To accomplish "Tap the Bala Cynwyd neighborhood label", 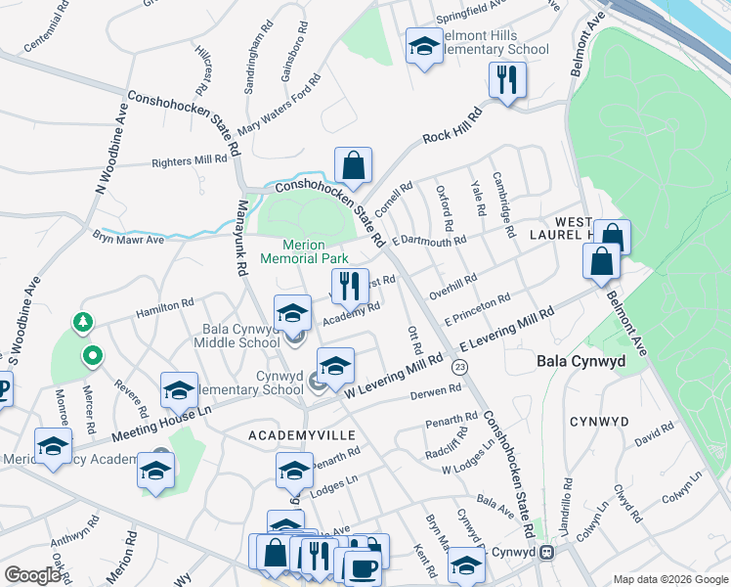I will (x=579, y=361).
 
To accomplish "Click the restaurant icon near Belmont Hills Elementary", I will (x=507, y=81).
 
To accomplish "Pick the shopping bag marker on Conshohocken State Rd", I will (x=353, y=165).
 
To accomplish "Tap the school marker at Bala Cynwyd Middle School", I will (x=291, y=314).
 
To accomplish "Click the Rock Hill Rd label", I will (x=453, y=125).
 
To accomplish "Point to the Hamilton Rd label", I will (x=167, y=307).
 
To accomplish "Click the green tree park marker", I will (x=84, y=322).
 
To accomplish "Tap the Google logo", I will (x=32, y=575).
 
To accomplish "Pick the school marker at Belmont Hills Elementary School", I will (x=423, y=46).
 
